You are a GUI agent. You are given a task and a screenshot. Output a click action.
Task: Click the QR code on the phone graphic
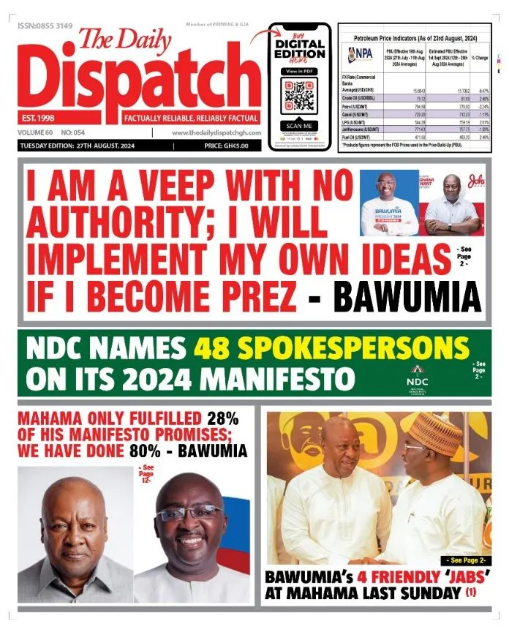(x=299, y=94)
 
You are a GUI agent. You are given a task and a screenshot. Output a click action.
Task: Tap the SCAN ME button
(x=299, y=125)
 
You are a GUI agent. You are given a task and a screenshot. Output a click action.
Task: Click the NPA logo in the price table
(x=361, y=53)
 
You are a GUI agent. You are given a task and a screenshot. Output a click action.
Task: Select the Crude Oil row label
(x=357, y=97)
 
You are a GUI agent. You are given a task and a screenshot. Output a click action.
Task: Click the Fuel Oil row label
(x=356, y=136)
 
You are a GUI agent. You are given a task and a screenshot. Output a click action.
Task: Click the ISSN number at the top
(x=45, y=26)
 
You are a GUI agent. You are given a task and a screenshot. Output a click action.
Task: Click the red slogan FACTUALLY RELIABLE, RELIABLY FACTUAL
(x=191, y=118)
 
